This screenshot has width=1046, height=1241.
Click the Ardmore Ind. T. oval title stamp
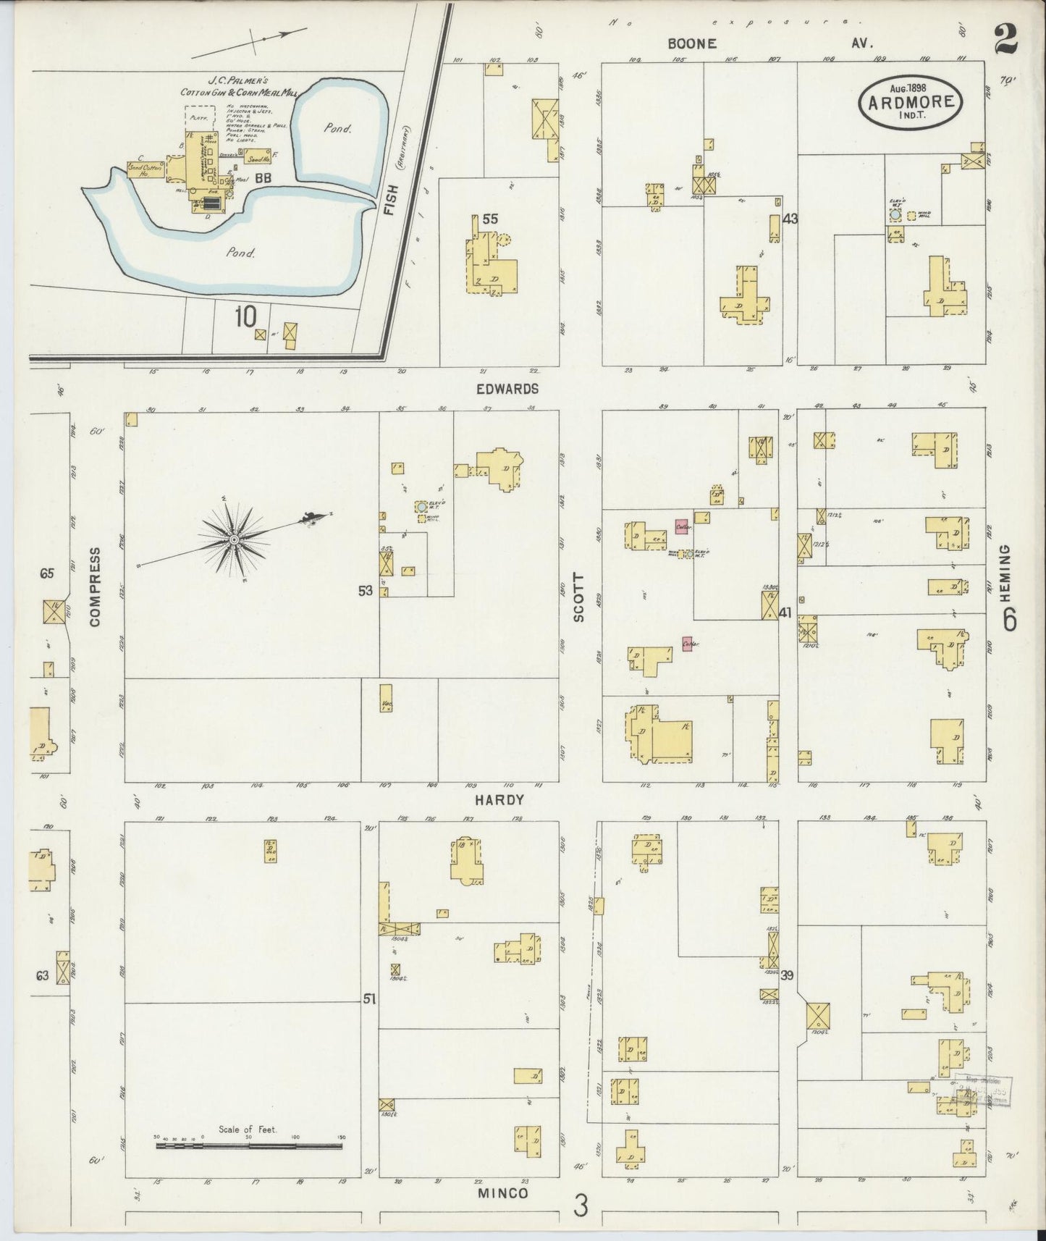911,104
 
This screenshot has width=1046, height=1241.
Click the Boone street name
692,43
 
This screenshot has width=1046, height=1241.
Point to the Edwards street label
507,389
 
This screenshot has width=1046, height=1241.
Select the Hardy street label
499,800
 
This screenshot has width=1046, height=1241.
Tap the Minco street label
503,1193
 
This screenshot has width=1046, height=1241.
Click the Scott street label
578,598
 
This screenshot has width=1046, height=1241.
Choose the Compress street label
95,586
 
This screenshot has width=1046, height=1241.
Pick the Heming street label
1010,572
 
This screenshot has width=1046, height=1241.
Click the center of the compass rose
235,541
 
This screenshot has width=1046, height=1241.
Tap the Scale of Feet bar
249,1147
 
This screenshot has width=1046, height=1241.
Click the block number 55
490,219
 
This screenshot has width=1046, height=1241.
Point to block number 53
366,591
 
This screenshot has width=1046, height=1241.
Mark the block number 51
369,999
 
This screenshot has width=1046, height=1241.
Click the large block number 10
245,316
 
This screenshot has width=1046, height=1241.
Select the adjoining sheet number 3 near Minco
581,1206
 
